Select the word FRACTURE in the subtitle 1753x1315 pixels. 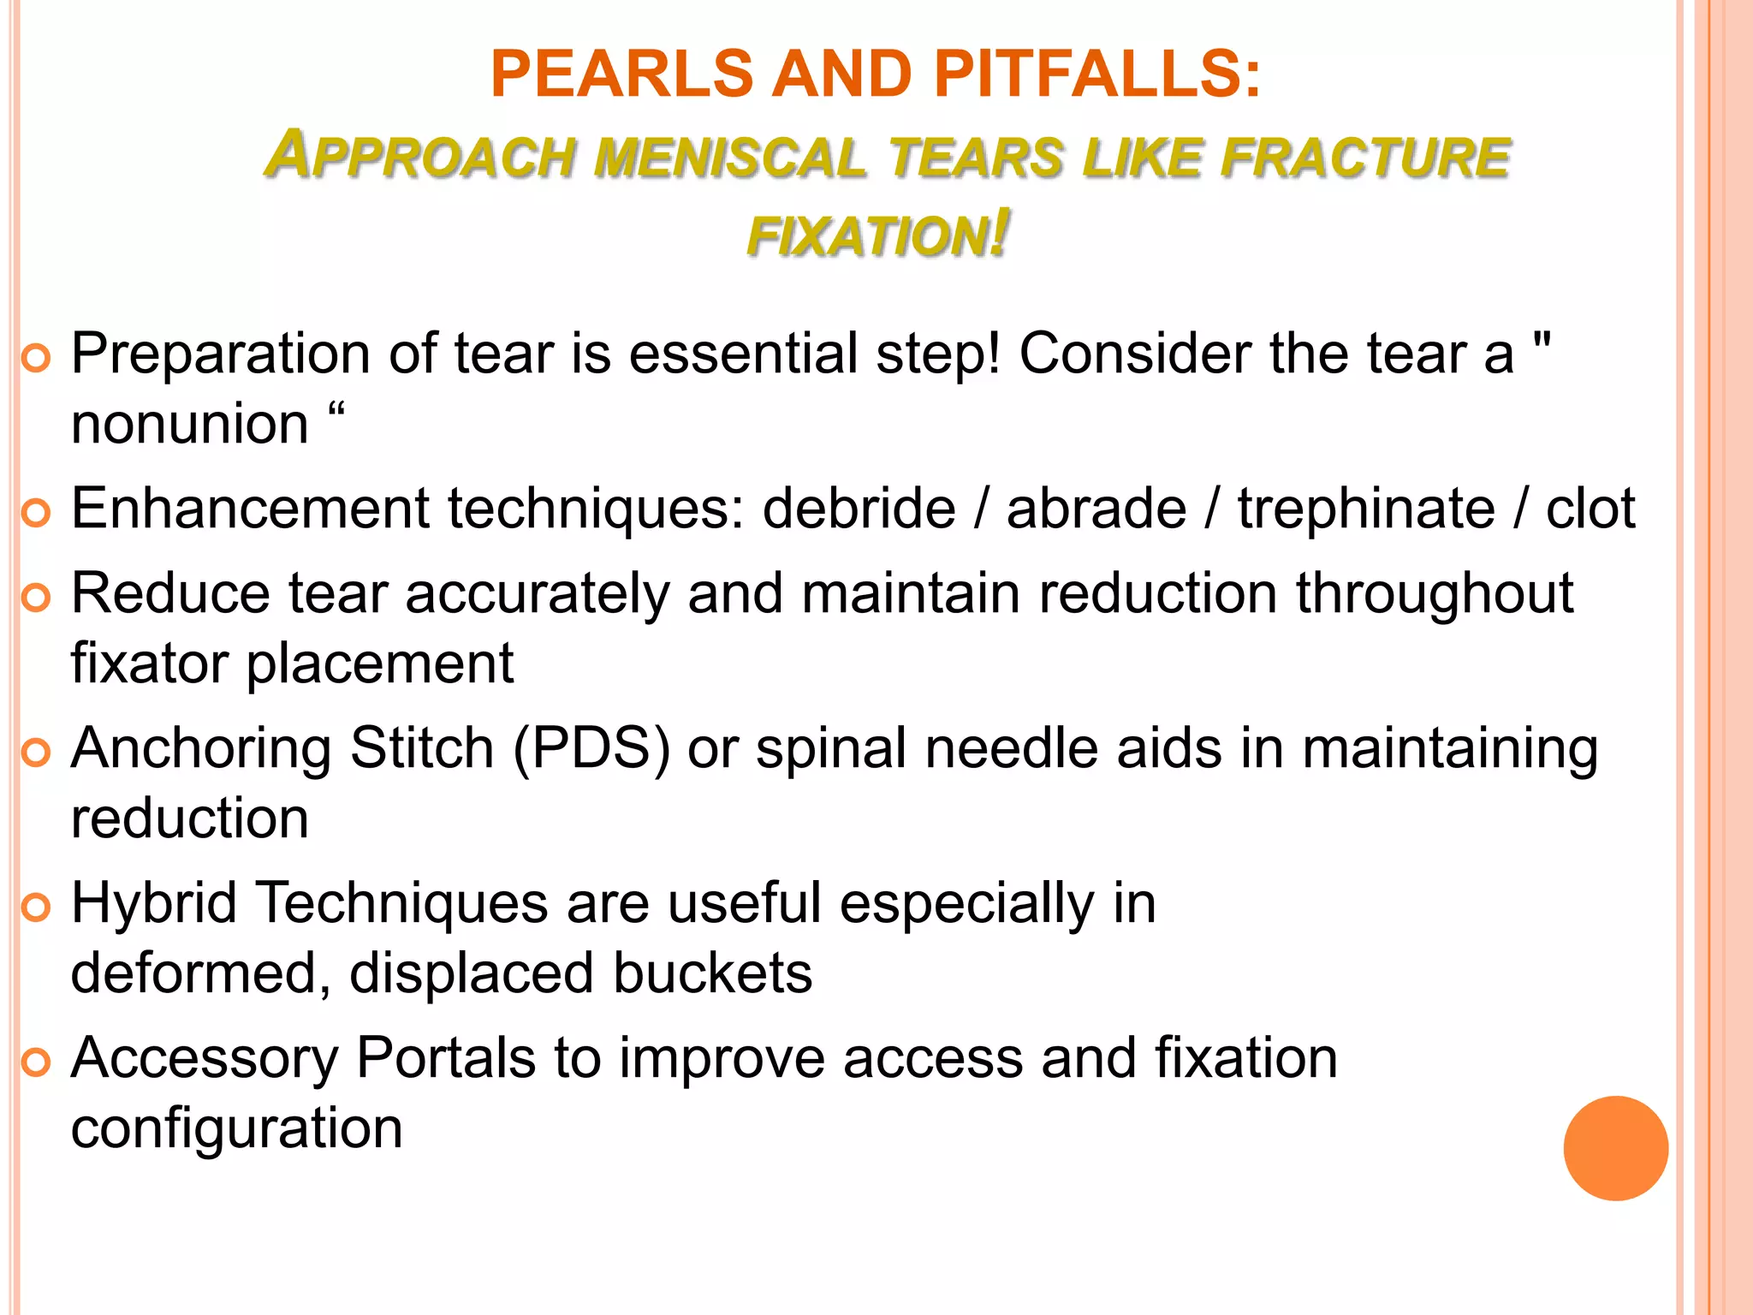tap(1365, 158)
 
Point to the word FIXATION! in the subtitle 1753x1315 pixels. tap(878, 235)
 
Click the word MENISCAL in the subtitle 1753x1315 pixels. tap(732, 158)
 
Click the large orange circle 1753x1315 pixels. tap(1615, 1148)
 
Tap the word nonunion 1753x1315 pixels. tap(189, 424)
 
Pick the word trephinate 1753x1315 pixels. tap(1366, 509)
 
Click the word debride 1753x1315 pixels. tap(859, 509)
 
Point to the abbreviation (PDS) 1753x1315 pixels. tap(591, 749)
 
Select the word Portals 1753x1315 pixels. tap(446, 1059)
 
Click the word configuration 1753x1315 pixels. tap(236, 1128)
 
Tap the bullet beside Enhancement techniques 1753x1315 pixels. tap(36, 513)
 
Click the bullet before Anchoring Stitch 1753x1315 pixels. tap(36, 753)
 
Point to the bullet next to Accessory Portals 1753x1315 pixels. tap(36, 1062)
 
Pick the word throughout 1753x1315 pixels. tap(1434, 593)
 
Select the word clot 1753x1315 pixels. tap(1590, 509)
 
